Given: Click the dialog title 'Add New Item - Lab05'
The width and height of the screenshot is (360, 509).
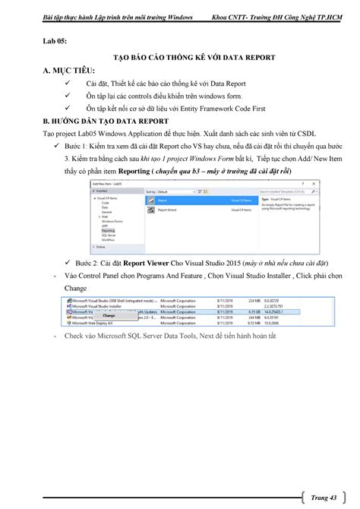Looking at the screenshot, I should (x=107, y=185).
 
